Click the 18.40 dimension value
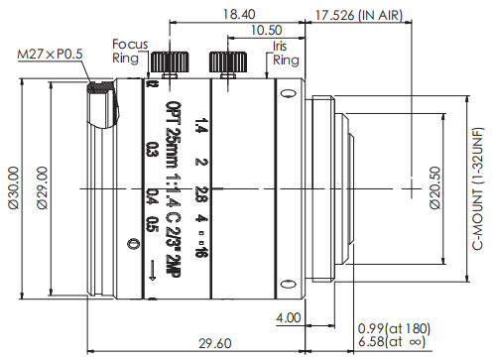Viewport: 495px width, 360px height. pos(239,15)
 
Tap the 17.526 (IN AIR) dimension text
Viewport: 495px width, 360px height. pos(359,15)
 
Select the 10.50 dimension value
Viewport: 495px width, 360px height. pos(267,31)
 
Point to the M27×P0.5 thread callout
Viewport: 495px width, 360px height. pos(50,54)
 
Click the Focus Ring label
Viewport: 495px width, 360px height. pos(130,51)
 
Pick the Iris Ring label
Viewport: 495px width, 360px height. pos(286,54)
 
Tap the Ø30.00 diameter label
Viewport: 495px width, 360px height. pos(14,187)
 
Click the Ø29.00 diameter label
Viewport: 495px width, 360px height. pos(42,187)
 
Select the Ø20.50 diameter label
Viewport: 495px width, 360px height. pos(435,187)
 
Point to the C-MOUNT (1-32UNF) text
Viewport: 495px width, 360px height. pos(477,188)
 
